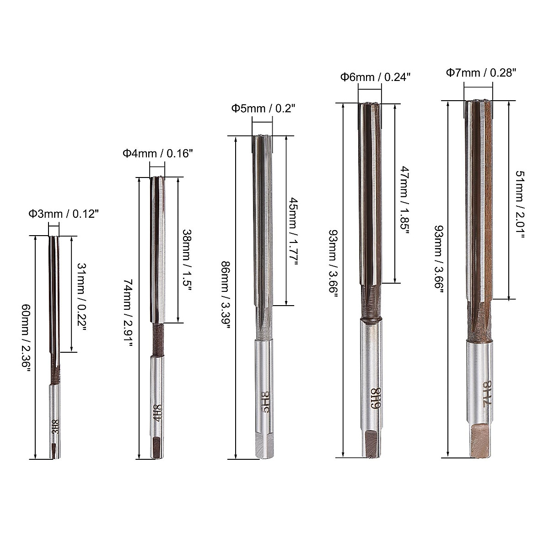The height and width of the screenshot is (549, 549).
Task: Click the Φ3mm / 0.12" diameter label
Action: click(64, 214)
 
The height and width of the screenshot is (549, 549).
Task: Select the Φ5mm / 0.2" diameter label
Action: click(263, 108)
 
